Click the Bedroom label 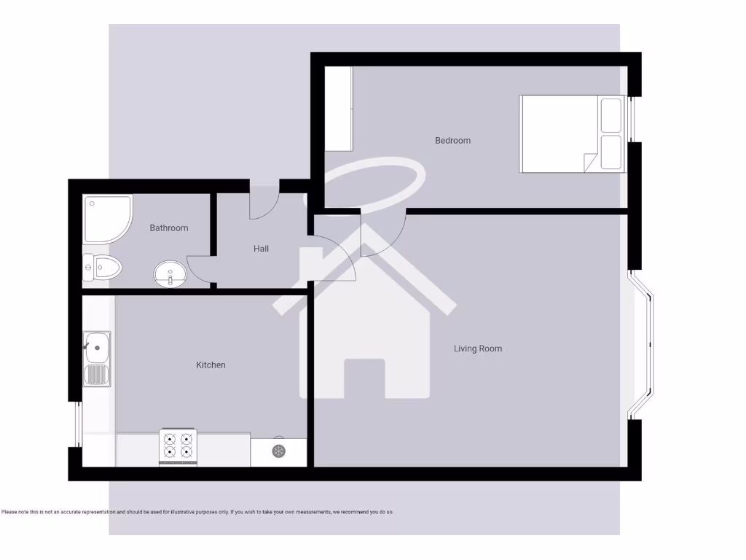[x=452, y=140]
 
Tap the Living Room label [x=478, y=349]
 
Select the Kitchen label [x=211, y=365]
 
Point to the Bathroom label [x=168, y=228]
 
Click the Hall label [x=261, y=249]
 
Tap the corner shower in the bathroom [x=106, y=219]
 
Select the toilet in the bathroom [x=101, y=268]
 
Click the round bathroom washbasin [x=170, y=274]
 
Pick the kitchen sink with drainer [x=96, y=358]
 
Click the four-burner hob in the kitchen [x=178, y=446]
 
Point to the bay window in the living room [x=643, y=345]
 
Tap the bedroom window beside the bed [x=632, y=119]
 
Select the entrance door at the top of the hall [x=264, y=200]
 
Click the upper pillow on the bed [x=610, y=115]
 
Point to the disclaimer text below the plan [x=197, y=512]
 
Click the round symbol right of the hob [x=278, y=451]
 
